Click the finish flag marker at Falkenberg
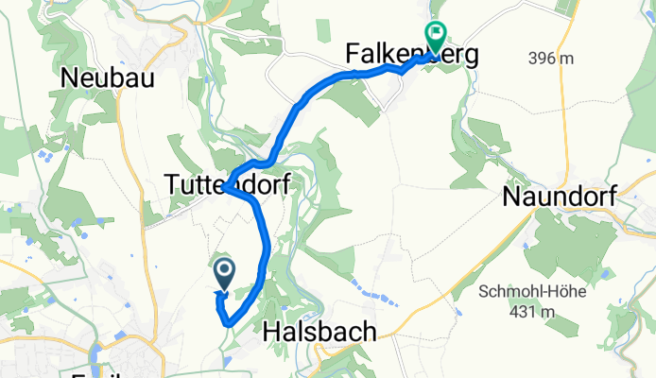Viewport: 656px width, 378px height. pyautogui.click(x=436, y=37)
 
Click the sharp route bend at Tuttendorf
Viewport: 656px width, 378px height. pyautogui.click(x=227, y=188)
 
